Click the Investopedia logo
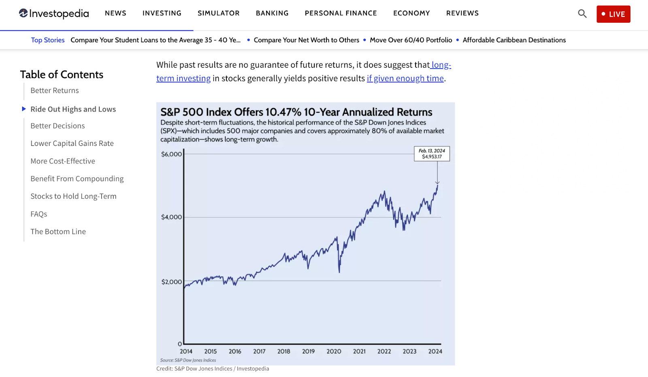[x=54, y=14]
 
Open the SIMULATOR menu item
[x=218, y=13]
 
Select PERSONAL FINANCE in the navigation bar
[x=341, y=13]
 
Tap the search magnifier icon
[x=582, y=14]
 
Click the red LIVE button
[x=613, y=14]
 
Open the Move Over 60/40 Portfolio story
[x=411, y=40]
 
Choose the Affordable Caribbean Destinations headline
[x=514, y=40]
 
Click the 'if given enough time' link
[x=405, y=79]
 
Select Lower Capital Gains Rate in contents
[x=72, y=144]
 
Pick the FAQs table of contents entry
[x=39, y=214]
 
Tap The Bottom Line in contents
[x=58, y=232]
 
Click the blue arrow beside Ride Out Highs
[x=24, y=109]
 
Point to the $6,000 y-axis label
[x=171, y=154]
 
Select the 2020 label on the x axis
[x=334, y=351]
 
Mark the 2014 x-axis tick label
[x=186, y=351]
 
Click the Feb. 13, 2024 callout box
[x=432, y=154]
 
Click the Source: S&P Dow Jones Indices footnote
[x=188, y=360]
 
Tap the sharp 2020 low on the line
[x=339, y=271]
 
